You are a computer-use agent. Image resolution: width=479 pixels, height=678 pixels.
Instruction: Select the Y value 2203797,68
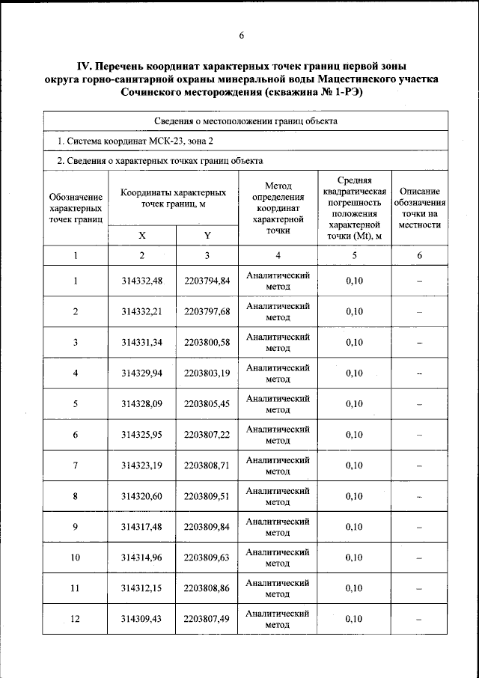[207, 312]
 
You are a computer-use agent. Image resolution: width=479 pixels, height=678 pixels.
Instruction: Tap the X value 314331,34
[142, 343]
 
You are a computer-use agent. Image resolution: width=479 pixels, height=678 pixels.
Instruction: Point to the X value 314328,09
[142, 404]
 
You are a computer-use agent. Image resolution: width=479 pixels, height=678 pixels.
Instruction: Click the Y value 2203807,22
[207, 435]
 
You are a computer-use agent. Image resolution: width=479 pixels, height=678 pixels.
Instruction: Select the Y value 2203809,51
[207, 496]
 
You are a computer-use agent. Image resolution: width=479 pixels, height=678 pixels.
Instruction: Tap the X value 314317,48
[142, 527]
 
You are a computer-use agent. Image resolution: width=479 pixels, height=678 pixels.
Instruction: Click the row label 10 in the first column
[75, 558]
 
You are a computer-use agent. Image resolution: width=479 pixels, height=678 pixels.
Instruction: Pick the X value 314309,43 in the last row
[142, 619]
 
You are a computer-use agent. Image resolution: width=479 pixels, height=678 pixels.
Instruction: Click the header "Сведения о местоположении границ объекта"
[245, 120]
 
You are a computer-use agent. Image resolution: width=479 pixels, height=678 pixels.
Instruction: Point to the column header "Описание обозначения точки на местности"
[419, 207]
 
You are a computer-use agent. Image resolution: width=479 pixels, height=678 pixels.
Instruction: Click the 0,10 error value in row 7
[354, 465]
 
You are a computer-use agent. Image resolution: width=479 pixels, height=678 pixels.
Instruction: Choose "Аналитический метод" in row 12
[278, 619]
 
